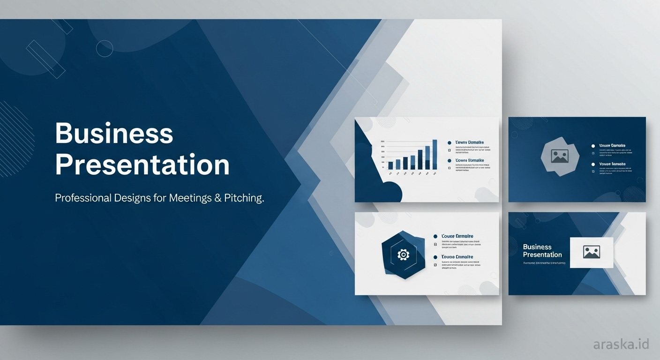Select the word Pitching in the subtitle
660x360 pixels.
(x=244, y=198)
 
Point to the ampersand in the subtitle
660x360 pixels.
(x=217, y=198)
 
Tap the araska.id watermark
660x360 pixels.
(x=621, y=345)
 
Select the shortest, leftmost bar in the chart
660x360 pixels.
(x=390, y=165)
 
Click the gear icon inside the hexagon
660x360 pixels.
(x=403, y=255)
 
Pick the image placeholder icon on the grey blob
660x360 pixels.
(x=559, y=156)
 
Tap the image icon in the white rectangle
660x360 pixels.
(x=592, y=252)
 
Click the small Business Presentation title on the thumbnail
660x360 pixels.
(x=542, y=251)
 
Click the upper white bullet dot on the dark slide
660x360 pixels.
(x=593, y=146)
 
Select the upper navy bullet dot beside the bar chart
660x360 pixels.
(x=449, y=142)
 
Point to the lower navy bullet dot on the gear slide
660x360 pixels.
(x=435, y=257)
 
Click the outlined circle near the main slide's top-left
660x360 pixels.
(x=105, y=48)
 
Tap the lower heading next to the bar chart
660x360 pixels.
(x=470, y=161)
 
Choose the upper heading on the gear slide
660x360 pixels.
(x=457, y=236)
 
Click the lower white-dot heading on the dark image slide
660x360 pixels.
(x=612, y=165)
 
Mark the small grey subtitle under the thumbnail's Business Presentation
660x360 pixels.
(x=544, y=263)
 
